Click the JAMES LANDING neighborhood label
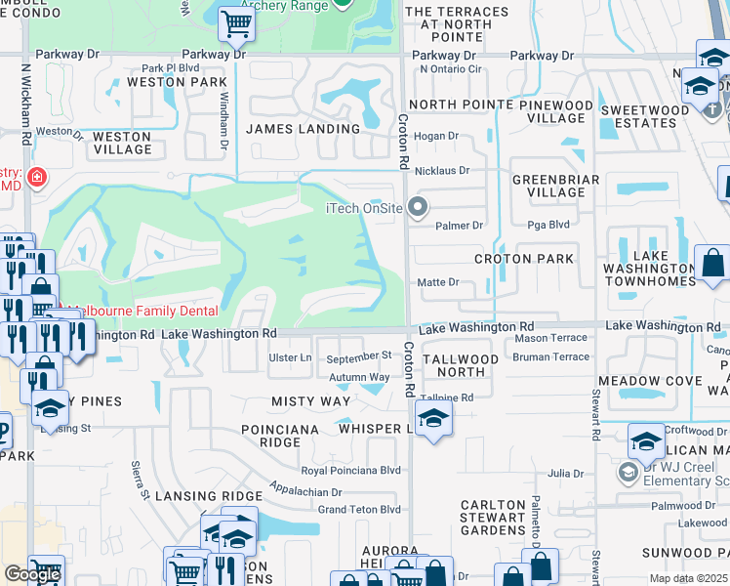tap(303, 129)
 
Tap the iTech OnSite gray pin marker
tap(419, 206)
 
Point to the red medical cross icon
tap(37, 178)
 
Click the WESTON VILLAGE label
tap(122, 144)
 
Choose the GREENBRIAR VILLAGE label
tap(548, 186)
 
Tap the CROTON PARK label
tap(523, 259)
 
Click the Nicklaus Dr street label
tap(441, 170)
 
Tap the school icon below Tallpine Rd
tap(432, 420)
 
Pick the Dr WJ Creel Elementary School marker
tap(629, 473)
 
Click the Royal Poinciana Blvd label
tap(351, 470)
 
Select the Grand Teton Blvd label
tap(359, 509)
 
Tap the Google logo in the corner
tap(32, 574)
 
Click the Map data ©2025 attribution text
tap(688, 578)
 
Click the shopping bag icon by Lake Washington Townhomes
tap(712, 262)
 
